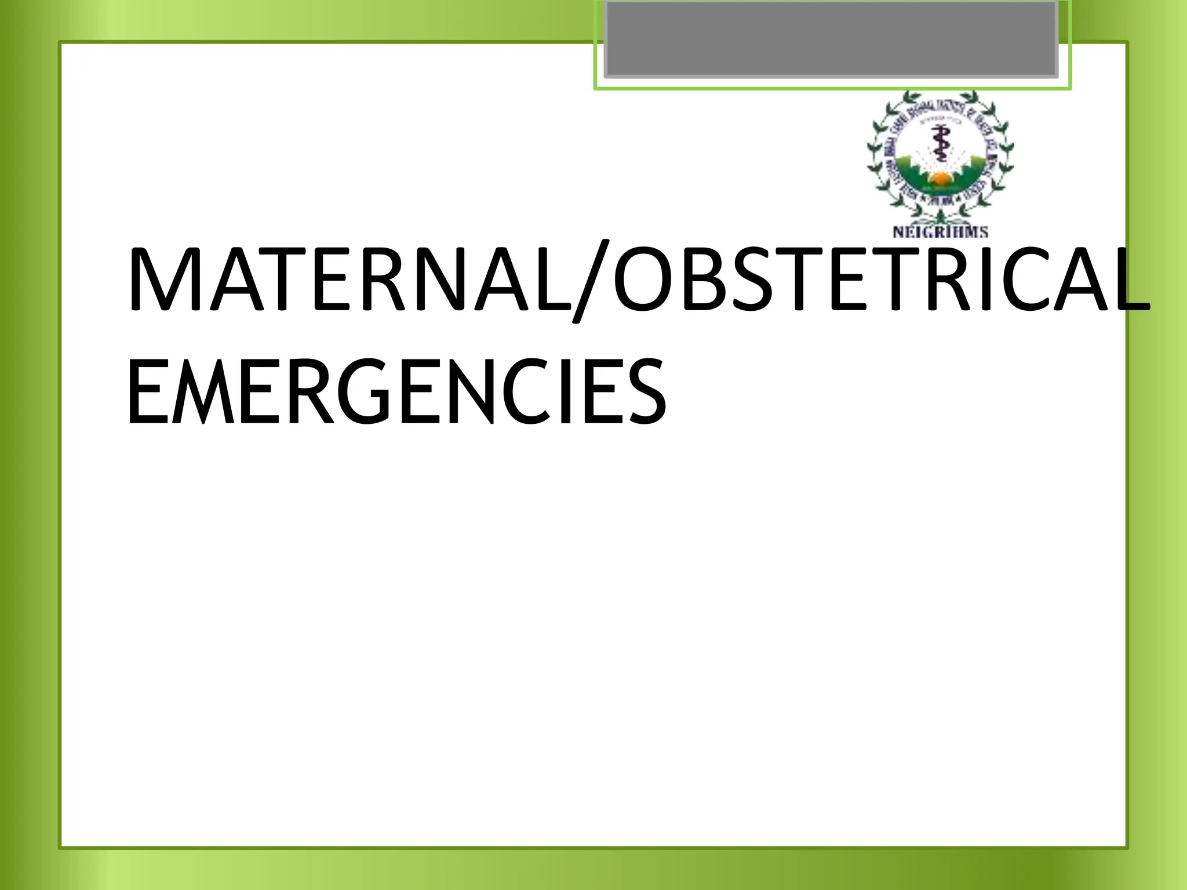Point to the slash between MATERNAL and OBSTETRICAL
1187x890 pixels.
[591, 281]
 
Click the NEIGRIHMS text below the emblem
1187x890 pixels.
[940, 232]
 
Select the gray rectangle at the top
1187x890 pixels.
[831, 38]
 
